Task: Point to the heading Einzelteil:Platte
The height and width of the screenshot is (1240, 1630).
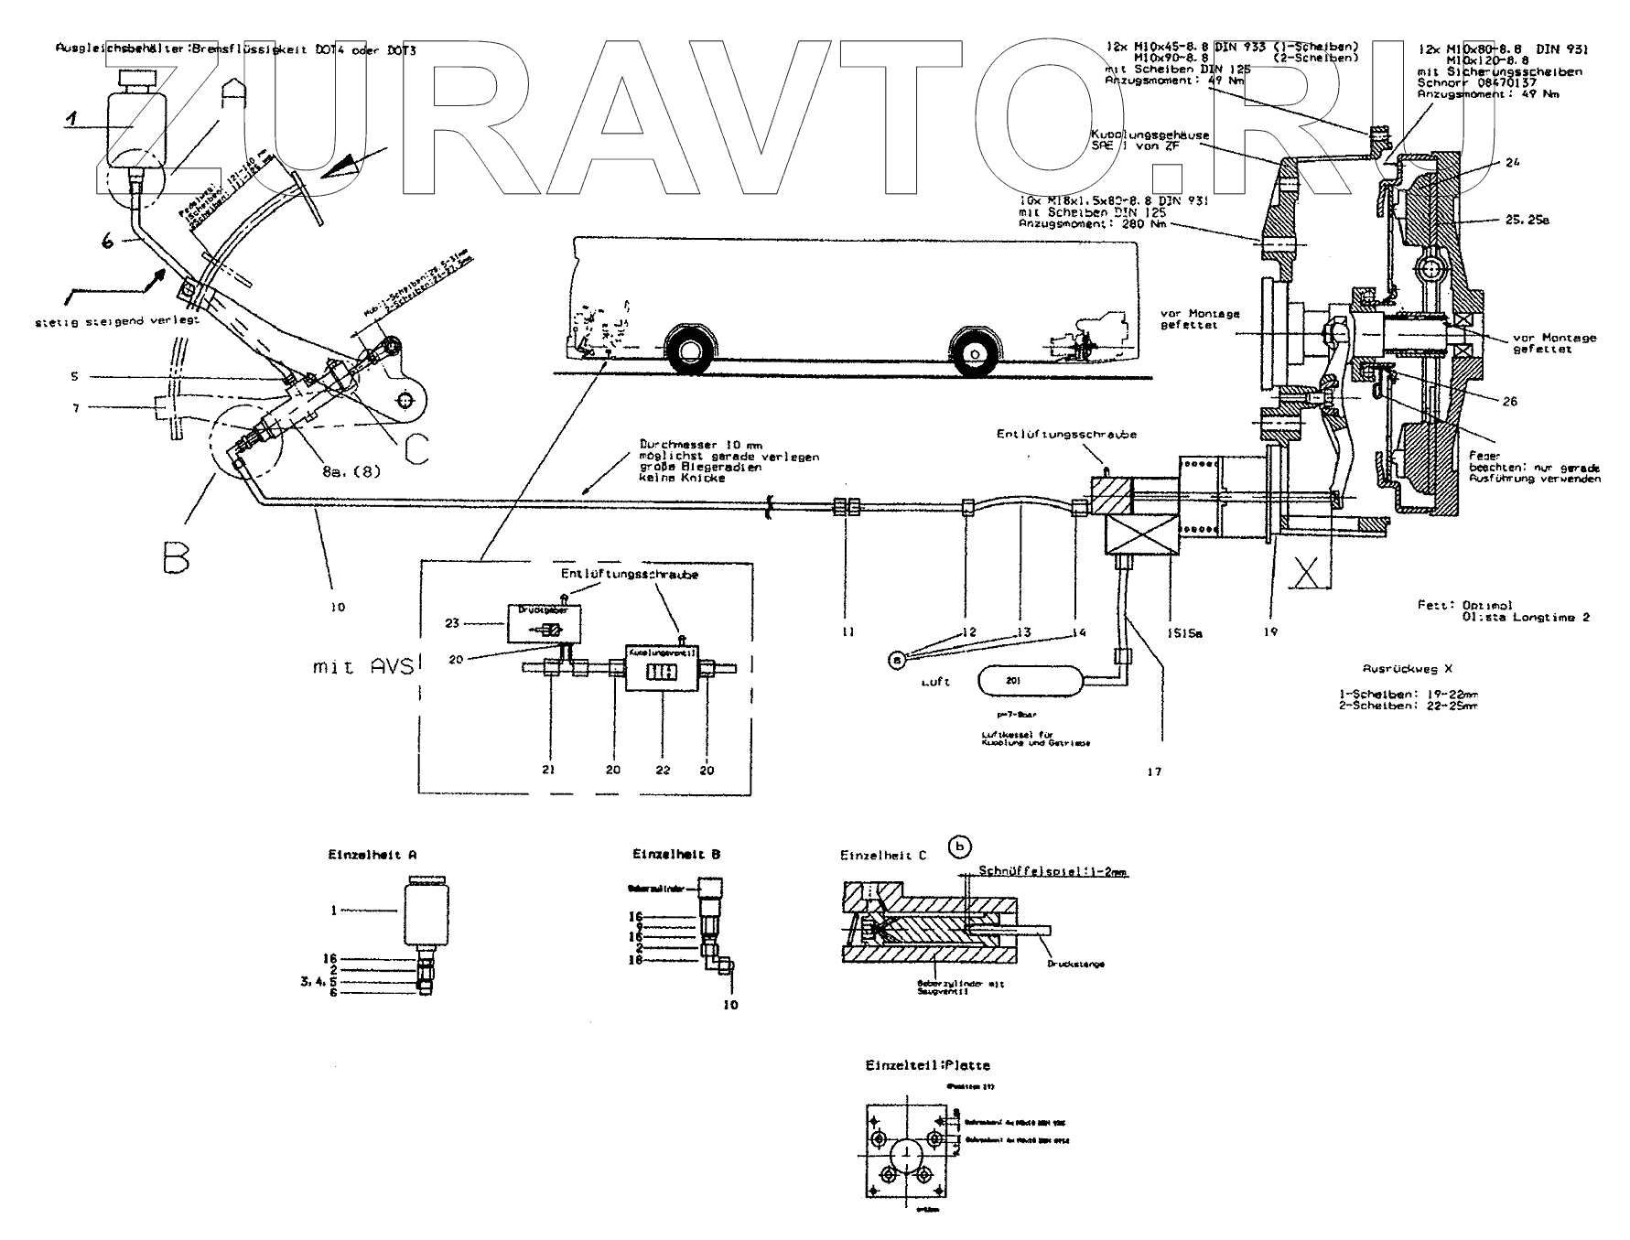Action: pos(927,1065)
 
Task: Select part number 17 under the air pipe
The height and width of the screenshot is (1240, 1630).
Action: pos(1154,771)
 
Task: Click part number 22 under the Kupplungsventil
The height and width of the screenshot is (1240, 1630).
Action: pos(663,770)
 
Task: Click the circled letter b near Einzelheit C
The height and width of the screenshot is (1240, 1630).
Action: pos(958,846)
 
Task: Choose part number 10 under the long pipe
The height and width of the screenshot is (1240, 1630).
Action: pos(338,607)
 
